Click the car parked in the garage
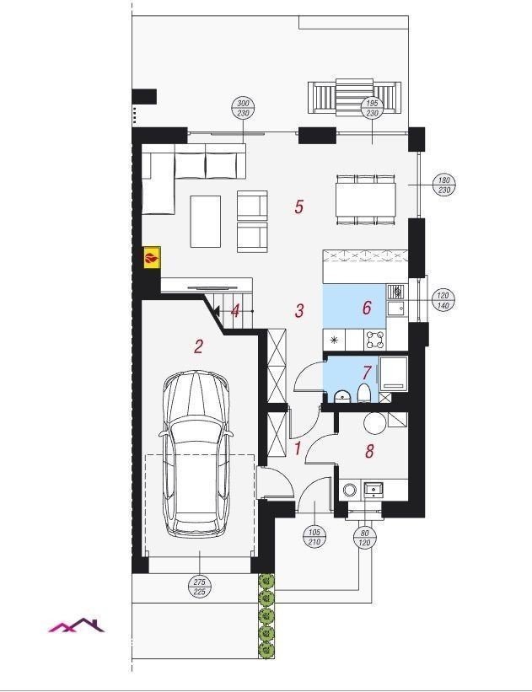196,453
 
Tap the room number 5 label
299,207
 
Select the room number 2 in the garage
198,346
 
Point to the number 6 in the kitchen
367,308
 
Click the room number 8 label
369,451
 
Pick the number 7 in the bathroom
367,373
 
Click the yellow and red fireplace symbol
152,258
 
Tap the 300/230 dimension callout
244,108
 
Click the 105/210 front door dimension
314,537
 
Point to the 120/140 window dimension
443,300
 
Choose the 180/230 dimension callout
444,185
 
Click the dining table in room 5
366,200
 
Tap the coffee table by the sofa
205,221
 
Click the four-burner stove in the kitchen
375,340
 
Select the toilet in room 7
363,393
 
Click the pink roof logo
77,625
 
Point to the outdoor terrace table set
354,96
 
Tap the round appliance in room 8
375,423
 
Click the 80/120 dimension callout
365,538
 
